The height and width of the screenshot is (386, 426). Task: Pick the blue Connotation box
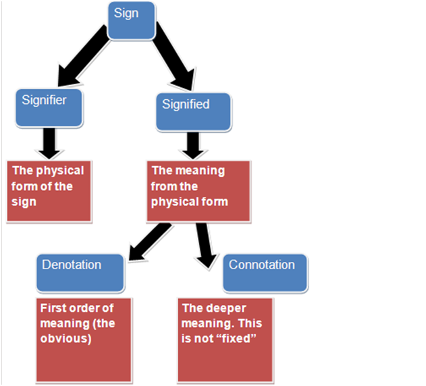(x=265, y=271)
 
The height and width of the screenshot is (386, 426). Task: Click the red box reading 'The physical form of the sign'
(x=49, y=192)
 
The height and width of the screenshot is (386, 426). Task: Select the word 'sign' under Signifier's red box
(x=24, y=201)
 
